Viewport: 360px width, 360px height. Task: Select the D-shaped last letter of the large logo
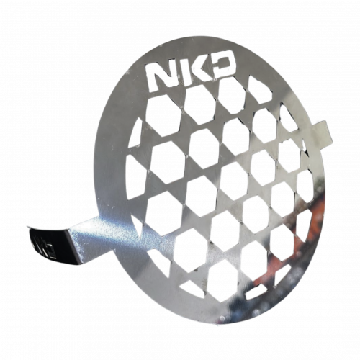click(222, 68)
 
